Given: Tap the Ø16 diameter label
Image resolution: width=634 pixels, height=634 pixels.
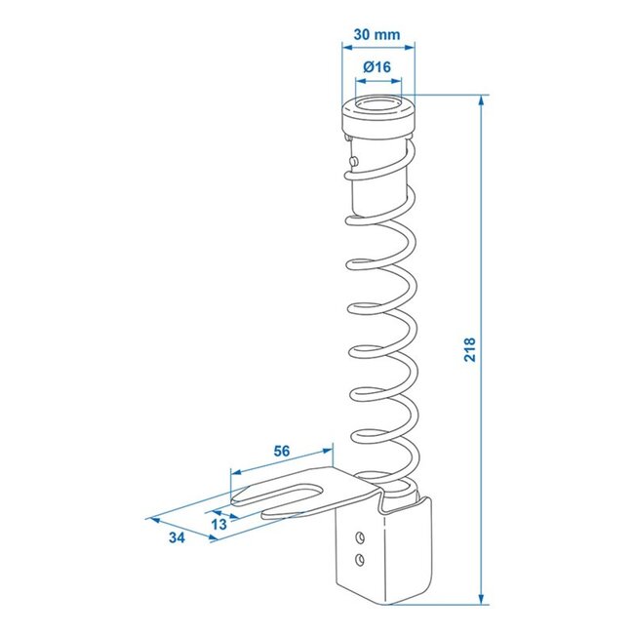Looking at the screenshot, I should tap(376, 67).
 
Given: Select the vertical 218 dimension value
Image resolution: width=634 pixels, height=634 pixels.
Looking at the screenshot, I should tap(470, 350).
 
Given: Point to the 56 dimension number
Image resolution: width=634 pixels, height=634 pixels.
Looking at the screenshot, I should tap(282, 451).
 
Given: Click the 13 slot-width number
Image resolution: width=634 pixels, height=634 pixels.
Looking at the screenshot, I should tap(218, 524).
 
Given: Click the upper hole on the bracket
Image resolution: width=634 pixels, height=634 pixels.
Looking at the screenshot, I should tap(361, 536).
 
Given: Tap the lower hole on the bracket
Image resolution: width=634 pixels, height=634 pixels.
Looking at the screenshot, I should tap(361, 558).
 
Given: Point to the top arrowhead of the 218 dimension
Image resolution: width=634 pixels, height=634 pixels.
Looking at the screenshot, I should tap(481, 99).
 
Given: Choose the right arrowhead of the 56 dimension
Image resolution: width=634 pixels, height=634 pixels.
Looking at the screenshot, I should tap(329, 452).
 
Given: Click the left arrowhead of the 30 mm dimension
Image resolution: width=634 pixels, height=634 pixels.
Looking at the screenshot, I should tap(342, 46).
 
